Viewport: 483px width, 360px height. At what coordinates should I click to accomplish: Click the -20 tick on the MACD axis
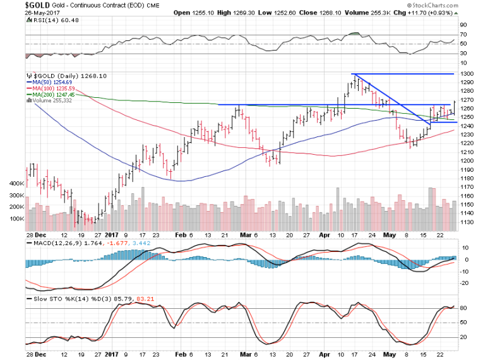pos(465,282)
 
